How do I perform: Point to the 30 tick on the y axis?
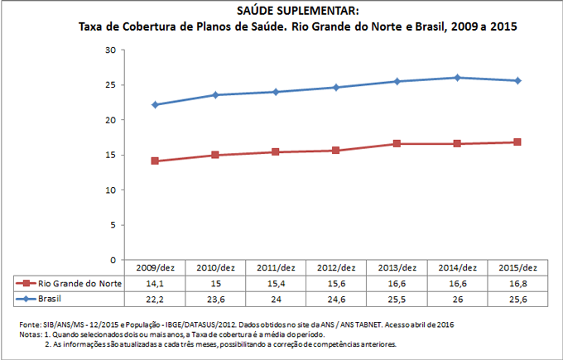109,50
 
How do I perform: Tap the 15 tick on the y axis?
109,155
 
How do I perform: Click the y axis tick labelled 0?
112,259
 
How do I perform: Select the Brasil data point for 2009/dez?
155,105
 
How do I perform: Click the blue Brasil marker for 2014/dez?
458,78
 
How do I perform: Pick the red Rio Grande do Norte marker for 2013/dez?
397,144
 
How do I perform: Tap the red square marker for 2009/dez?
155,161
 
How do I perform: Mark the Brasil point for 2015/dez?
517,80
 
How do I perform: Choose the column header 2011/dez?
276,267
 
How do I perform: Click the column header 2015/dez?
517,267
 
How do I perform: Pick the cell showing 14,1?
155,283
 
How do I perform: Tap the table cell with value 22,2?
155,298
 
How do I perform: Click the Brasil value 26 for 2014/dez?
458,298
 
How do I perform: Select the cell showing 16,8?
517,283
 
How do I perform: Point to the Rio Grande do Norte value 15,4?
276,283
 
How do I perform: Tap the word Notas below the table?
30,334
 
